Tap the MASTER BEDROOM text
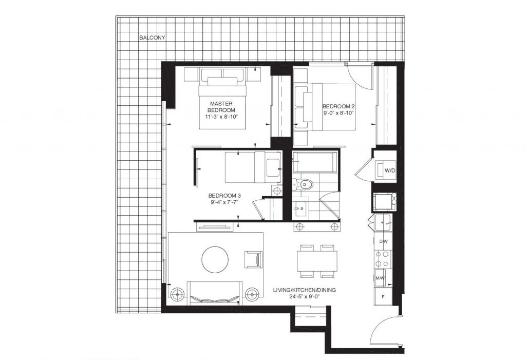pyautogui.click(x=222, y=107)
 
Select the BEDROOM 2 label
pyautogui.click(x=339, y=106)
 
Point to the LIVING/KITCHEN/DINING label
pyautogui.click(x=305, y=290)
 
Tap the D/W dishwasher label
pyautogui.click(x=383, y=241)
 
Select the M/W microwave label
pyautogui.click(x=381, y=278)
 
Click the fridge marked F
pyautogui.click(x=382, y=296)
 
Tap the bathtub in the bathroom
pyautogui.click(x=314, y=163)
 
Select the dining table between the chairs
pyautogui.click(x=317, y=261)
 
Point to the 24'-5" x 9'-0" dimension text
pyautogui.click(x=305, y=297)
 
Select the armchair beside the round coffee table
pyautogui.click(x=254, y=259)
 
